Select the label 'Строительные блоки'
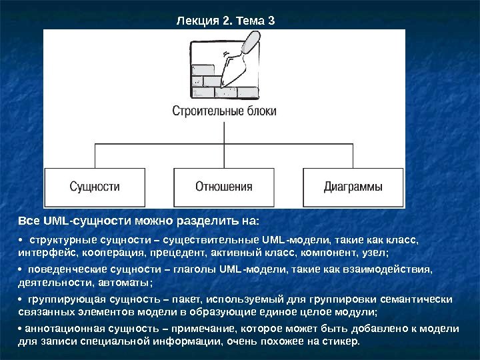[x=224, y=111]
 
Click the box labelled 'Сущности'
[x=95, y=187]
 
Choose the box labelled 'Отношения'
[x=224, y=187]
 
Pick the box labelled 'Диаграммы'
[x=353, y=187]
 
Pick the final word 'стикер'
[x=341, y=341]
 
